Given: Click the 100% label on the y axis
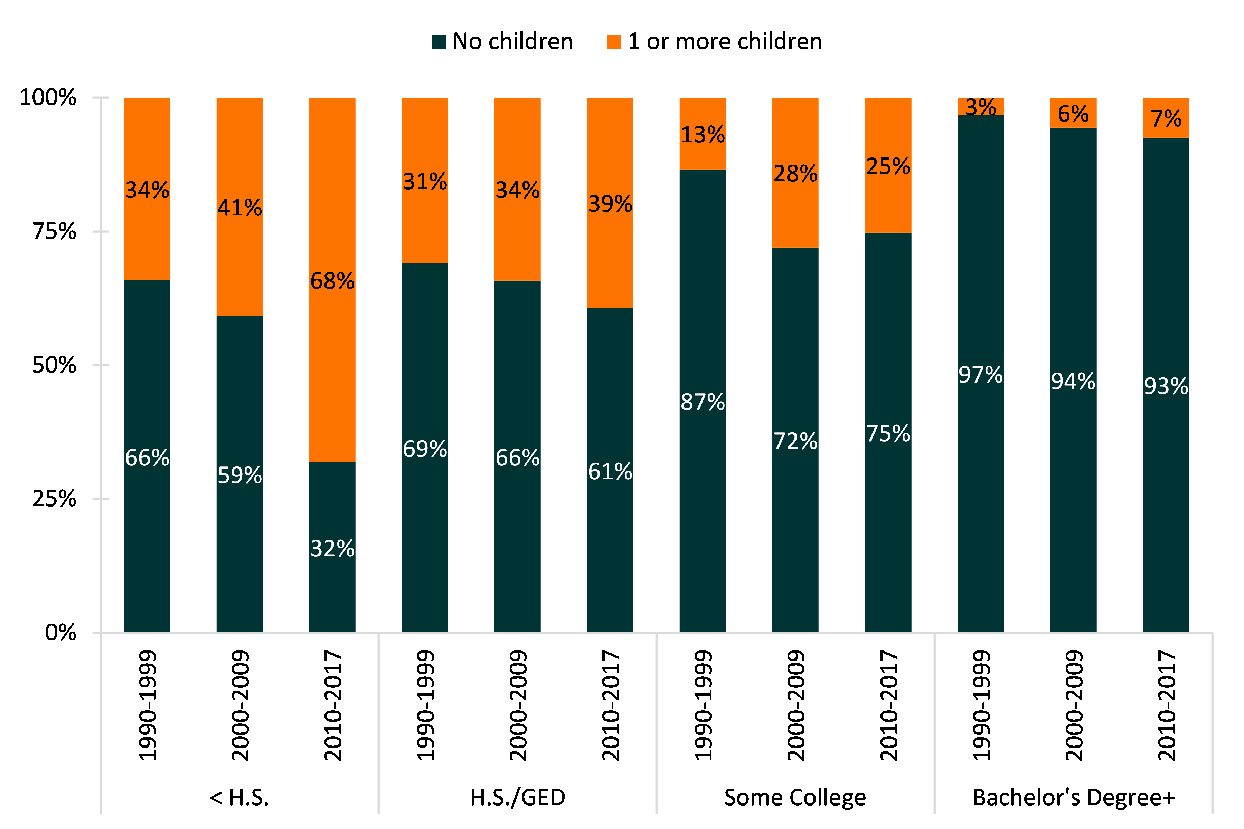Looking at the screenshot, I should [x=48, y=98].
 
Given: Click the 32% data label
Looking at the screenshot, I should [x=332, y=549].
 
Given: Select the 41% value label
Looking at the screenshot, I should [x=240, y=208].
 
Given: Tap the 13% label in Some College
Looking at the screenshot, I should [x=703, y=135].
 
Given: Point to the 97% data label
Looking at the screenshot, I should [x=980, y=375].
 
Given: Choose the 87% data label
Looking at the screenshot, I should [x=703, y=402].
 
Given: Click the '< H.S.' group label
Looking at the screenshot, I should [x=240, y=797].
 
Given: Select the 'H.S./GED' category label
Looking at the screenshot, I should [x=518, y=797].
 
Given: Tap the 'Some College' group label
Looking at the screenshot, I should [x=795, y=797].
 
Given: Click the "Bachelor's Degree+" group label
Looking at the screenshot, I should [x=1073, y=797].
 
